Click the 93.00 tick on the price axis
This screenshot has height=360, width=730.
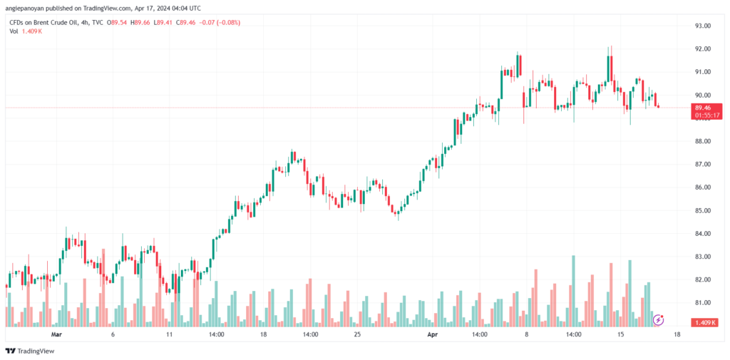(x=701, y=26)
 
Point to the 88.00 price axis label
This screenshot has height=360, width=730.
(x=701, y=141)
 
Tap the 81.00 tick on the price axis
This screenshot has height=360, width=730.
(x=701, y=303)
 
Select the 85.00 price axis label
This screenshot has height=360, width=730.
(x=701, y=210)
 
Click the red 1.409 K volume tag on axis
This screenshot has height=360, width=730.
(x=706, y=322)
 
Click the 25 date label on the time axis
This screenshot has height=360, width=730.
(x=358, y=334)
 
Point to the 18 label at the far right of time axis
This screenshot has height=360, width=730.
(x=677, y=334)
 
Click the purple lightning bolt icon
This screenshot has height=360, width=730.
(x=658, y=319)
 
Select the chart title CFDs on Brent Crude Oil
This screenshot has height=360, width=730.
(x=41, y=22)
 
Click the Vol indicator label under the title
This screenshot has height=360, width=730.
(x=14, y=31)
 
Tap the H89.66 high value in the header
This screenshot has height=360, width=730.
(x=140, y=22)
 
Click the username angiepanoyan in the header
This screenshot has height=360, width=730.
(x=24, y=7)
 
